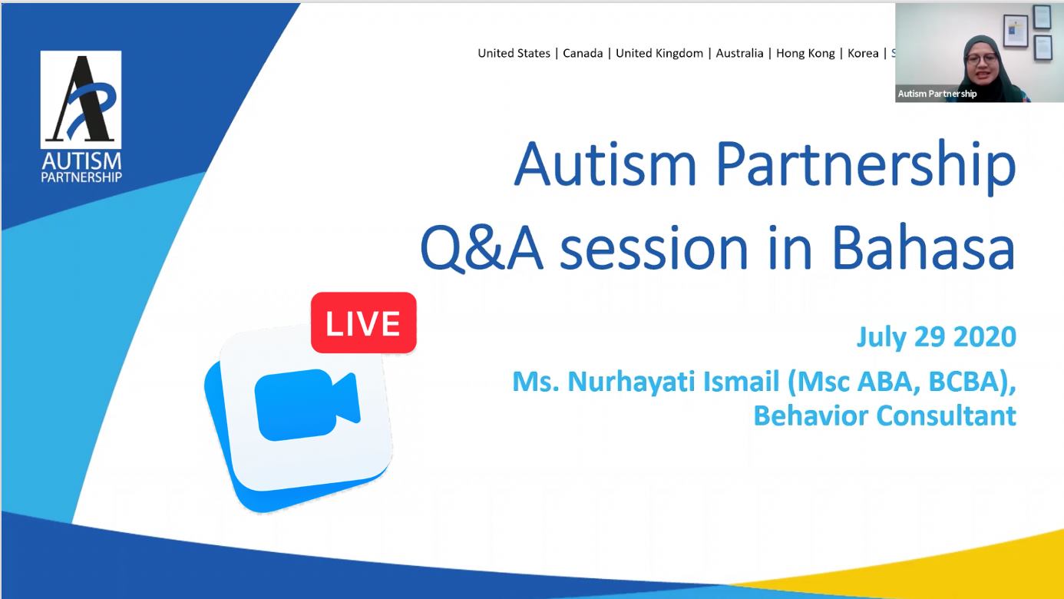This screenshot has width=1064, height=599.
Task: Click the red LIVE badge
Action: [x=364, y=323]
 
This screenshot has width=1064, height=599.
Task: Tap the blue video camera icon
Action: [x=307, y=405]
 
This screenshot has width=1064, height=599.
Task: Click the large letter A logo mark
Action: [x=81, y=99]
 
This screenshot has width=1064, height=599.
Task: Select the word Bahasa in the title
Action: [x=924, y=249]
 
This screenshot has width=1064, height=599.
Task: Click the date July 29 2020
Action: [x=937, y=337]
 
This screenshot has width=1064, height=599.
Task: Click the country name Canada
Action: [x=583, y=53]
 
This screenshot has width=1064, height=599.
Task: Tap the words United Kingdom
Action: [x=659, y=53]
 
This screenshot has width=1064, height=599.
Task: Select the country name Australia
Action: [x=739, y=53]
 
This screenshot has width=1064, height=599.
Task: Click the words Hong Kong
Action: [x=805, y=53]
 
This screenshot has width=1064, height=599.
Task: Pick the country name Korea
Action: [x=863, y=53]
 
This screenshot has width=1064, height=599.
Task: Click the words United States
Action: [x=514, y=53]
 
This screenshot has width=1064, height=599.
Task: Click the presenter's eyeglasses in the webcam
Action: [x=981, y=59]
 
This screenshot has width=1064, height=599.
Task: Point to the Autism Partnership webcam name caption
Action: [x=937, y=94]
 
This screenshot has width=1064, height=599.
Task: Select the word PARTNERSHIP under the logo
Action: [x=81, y=177]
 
